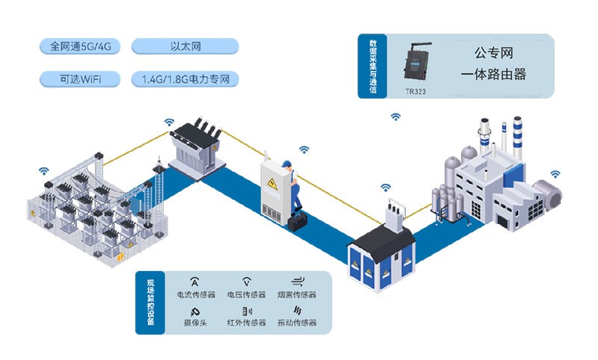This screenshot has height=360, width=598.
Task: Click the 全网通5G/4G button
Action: coord(80,46)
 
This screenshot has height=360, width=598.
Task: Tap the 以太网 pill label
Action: coord(185,46)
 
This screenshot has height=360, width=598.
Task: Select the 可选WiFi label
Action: coord(80,78)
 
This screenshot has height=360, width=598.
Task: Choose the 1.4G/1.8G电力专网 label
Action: coord(185,78)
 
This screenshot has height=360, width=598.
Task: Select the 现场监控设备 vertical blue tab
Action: coord(149,302)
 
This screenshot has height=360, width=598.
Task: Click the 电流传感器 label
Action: coord(195,295)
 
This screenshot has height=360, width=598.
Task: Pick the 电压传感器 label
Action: coord(246,295)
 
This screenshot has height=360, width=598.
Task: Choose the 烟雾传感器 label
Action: coord(297,295)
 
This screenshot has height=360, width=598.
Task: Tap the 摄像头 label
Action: coord(195,323)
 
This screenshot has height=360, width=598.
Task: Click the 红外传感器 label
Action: coord(246,323)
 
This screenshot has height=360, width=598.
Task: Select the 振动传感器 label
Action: coord(297,323)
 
